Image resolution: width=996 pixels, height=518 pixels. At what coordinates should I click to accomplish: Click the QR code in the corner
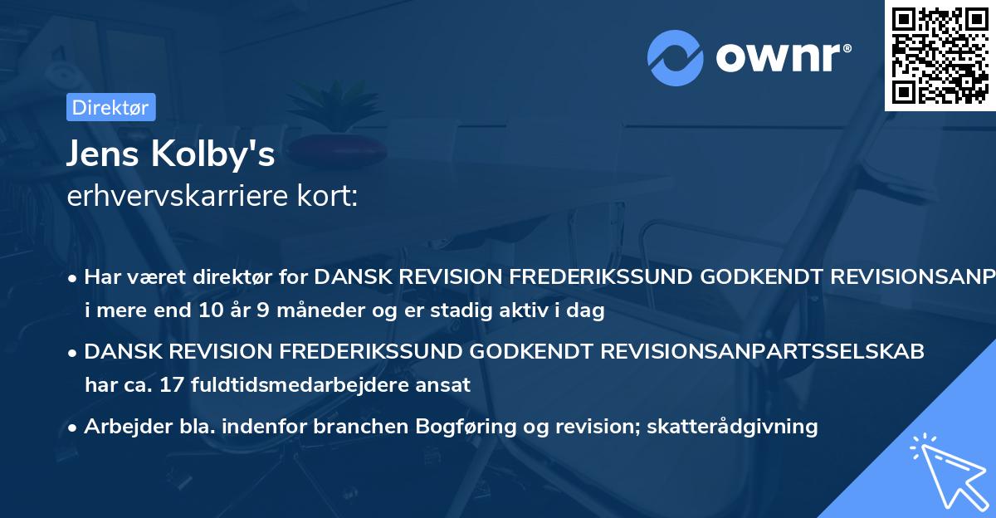coord(940,56)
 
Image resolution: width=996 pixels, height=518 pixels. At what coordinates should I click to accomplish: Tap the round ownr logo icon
coord(676,57)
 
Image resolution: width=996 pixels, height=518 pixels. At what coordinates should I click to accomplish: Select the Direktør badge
coord(110,107)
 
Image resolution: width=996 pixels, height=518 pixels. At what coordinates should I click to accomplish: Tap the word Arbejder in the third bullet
coord(120,427)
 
